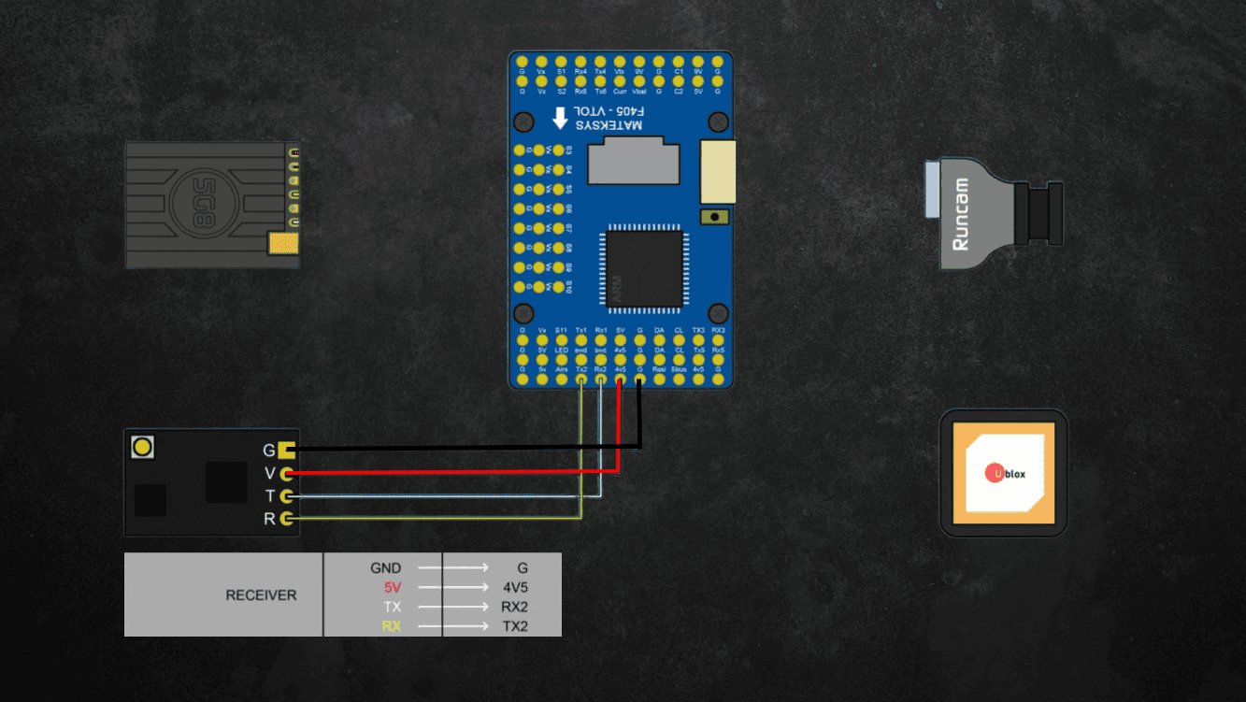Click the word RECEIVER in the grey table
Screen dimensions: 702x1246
(261, 595)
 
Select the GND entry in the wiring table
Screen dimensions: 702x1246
(385, 567)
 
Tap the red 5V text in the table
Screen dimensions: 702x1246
(392, 588)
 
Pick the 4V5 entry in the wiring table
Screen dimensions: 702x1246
(515, 588)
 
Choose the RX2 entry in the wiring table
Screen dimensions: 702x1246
(515, 608)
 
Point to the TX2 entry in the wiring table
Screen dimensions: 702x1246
(515, 626)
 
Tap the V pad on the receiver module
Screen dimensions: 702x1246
(287, 473)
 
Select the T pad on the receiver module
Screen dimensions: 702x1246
(287, 495)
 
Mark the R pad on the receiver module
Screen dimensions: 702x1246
(287, 518)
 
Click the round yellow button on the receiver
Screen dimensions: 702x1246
(142, 447)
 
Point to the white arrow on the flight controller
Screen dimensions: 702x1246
(560, 117)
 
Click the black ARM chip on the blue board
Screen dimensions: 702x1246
(644, 269)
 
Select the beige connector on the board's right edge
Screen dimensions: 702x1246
(718, 171)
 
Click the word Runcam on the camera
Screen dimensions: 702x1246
(960, 215)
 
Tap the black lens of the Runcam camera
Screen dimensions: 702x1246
(1045, 213)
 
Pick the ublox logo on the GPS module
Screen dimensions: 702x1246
(1005, 474)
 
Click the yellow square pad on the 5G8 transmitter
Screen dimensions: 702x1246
(282, 244)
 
